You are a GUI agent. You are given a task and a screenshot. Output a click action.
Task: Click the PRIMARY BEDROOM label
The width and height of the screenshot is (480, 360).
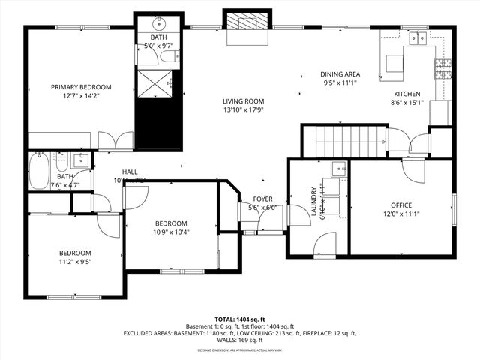click(80, 87)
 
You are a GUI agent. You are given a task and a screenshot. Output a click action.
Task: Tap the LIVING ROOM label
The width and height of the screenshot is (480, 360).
click(244, 101)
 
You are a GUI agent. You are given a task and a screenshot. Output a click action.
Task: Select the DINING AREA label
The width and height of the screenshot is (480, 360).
click(340, 74)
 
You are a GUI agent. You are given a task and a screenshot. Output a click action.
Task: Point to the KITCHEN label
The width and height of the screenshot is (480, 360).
click(409, 94)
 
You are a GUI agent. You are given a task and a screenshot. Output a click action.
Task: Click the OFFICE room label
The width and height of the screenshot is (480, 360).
click(400, 205)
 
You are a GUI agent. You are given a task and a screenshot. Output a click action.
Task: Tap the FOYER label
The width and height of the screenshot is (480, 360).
click(262, 199)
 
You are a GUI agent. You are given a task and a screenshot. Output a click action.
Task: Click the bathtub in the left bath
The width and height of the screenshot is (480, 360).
click(40, 172)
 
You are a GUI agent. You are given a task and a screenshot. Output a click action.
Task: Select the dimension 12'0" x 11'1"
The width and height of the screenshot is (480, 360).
click(400, 214)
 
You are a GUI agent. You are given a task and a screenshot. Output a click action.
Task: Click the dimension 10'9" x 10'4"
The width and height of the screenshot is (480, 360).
click(172, 232)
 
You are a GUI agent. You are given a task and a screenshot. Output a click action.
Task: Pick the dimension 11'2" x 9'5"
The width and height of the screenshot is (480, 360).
click(75, 262)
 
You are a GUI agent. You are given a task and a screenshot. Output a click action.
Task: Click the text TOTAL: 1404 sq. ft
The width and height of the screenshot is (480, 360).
click(240, 319)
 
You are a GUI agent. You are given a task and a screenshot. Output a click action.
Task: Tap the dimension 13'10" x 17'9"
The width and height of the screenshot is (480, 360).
click(244, 110)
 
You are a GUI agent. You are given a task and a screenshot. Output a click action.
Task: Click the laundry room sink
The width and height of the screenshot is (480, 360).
click(339, 169)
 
